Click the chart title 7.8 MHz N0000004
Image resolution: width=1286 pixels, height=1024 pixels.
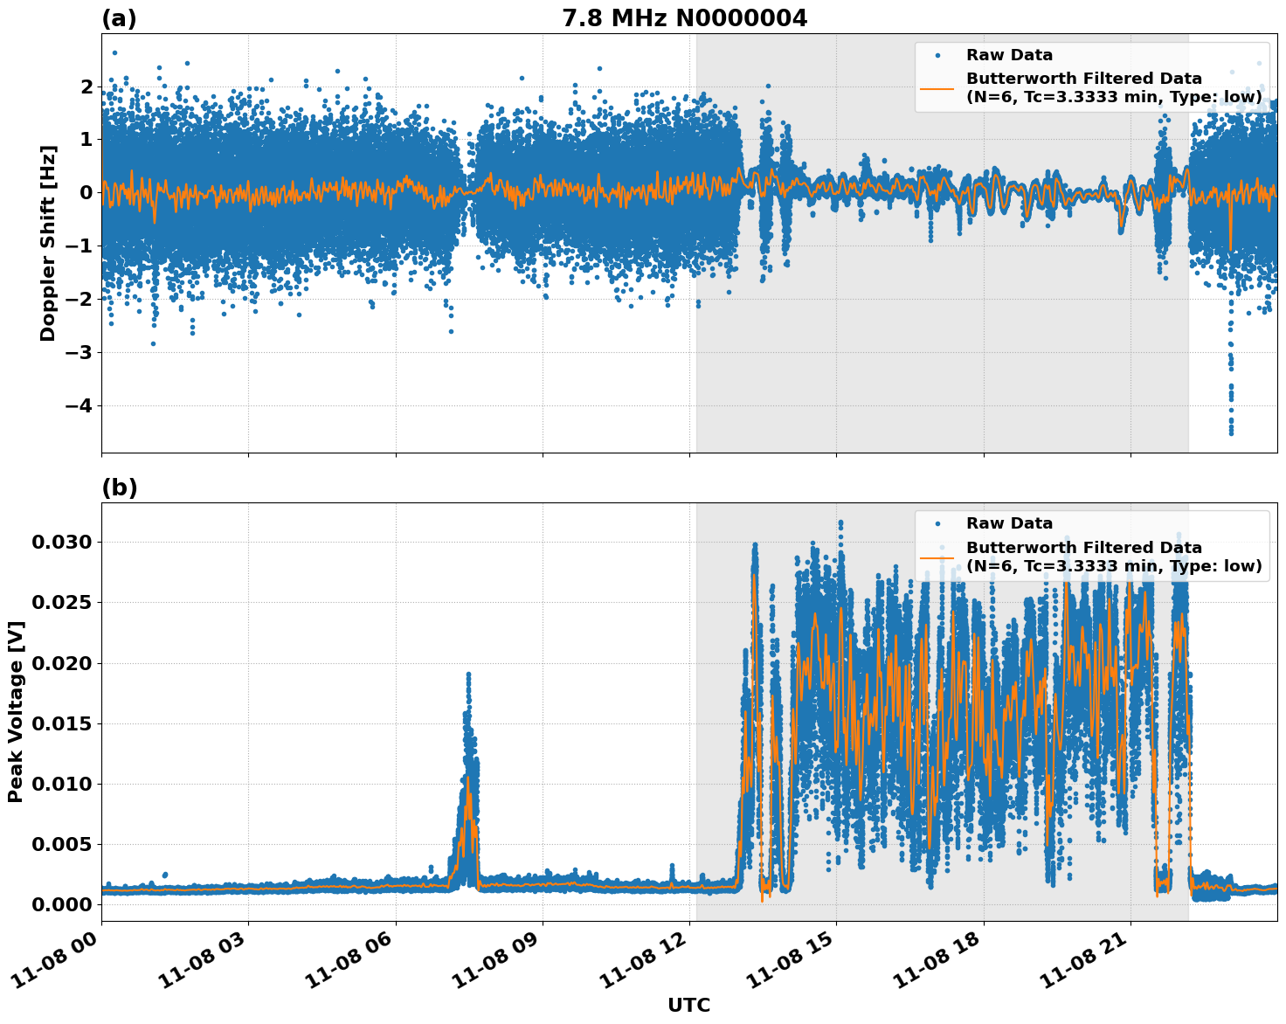click(x=684, y=18)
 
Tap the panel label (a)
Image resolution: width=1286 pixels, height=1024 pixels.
click(x=119, y=18)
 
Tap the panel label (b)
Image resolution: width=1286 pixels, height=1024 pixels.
click(x=119, y=488)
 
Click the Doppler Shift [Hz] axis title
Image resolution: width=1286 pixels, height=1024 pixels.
click(x=48, y=243)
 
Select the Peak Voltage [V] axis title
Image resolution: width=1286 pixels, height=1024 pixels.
click(x=15, y=711)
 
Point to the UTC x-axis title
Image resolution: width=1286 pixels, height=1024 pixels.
click(x=688, y=1005)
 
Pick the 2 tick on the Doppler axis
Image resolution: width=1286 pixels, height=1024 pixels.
click(x=86, y=86)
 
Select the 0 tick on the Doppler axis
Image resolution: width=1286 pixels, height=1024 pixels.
click(x=86, y=193)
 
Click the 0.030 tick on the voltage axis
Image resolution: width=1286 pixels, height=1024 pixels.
click(x=61, y=543)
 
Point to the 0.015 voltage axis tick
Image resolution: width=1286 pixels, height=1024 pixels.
click(x=61, y=723)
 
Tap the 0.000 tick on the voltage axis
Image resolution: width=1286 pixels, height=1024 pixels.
click(x=61, y=904)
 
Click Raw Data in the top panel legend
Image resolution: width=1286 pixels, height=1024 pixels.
click(x=1009, y=55)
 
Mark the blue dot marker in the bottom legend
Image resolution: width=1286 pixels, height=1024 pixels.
click(x=937, y=523)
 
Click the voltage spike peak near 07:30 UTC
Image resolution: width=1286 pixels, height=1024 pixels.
click(x=468, y=675)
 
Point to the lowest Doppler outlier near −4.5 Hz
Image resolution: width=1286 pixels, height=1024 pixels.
click(x=1231, y=432)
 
